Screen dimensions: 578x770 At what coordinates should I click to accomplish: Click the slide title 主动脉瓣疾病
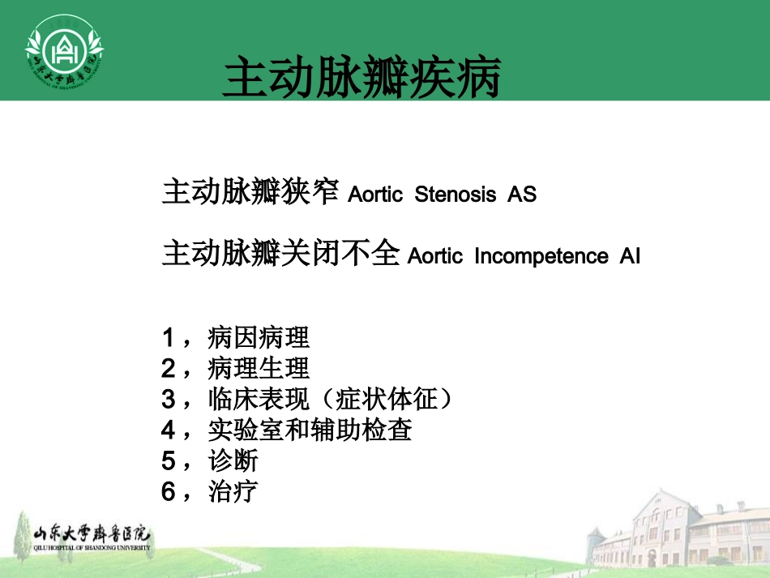pos(361,78)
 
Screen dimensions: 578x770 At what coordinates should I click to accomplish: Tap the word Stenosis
pos(456,195)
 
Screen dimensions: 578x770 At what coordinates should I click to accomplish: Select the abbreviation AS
pos(522,195)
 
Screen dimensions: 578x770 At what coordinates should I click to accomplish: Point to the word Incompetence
pos(541,256)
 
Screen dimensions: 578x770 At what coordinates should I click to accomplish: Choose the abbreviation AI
pos(630,256)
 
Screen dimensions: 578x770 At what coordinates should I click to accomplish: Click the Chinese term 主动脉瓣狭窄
pos(250,192)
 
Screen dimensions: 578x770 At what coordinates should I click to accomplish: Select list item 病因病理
pos(259,337)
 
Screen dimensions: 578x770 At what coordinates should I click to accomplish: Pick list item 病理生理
pos(259,368)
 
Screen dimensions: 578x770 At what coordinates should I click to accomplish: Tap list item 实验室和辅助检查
pos(310,430)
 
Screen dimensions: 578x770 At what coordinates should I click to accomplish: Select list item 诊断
pos(233,460)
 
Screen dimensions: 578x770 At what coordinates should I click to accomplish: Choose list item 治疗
pos(233,491)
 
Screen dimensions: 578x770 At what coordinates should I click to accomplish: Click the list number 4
pos(169,430)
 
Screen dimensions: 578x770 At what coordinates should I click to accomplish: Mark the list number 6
pos(169,491)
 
